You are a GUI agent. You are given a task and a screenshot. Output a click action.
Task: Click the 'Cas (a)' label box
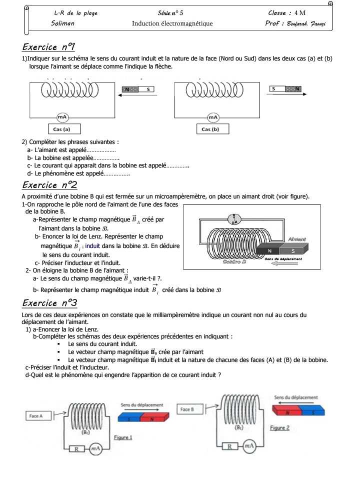(x=61, y=129)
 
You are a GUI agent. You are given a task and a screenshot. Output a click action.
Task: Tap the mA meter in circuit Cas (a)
(x=62, y=116)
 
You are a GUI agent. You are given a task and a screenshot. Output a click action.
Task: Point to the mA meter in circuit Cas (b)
(x=213, y=116)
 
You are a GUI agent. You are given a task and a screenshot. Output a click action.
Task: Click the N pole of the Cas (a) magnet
(x=130, y=89)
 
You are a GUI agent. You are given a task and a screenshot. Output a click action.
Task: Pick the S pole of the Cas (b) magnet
(x=274, y=89)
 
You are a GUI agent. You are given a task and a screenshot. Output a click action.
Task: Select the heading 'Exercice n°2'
(x=49, y=185)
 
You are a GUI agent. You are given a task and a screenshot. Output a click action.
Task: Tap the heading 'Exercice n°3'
(x=49, y=303)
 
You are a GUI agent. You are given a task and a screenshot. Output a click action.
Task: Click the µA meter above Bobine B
(x=234, y=218)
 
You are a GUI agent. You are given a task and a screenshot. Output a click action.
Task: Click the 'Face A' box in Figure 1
(x=36, y=415)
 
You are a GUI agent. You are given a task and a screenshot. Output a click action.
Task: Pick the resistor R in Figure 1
(x=77, y=449)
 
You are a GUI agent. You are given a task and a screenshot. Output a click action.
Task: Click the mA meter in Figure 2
(x=249, y=446)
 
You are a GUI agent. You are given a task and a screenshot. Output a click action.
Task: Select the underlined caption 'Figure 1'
(x=123, y=437)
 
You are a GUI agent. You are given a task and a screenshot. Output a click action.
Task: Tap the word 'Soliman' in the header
(x=62, y=23)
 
